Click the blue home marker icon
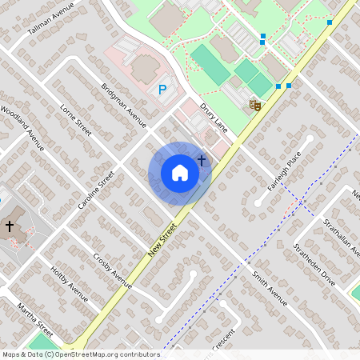point(180,173)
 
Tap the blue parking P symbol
point(163,90)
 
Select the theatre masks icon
point(255,105)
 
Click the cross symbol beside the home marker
point(202,161)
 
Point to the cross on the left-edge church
point(10,227)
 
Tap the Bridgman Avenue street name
point(124,105)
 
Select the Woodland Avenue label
point(22,127)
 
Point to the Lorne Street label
point(76,118)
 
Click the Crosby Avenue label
point(112,270)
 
